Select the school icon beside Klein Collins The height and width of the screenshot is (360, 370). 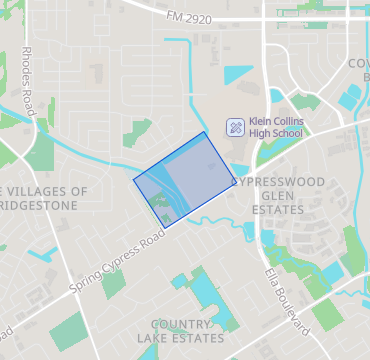[235, 127]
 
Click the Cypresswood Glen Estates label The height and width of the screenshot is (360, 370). [276, 196]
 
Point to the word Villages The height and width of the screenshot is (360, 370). [52, 191]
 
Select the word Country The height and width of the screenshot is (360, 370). [181, 325]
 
